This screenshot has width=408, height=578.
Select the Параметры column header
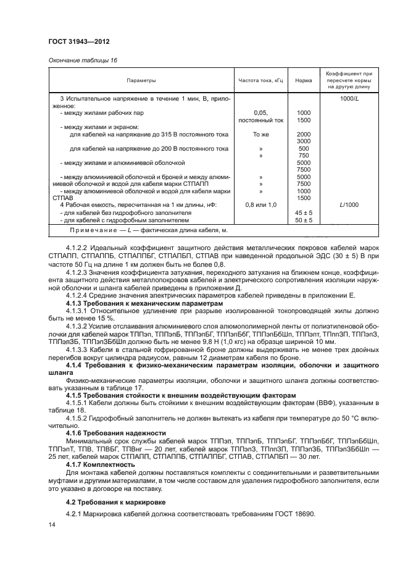coord(141,81)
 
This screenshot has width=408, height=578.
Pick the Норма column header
coord(303,81)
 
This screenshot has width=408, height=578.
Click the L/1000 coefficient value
coord(349,204)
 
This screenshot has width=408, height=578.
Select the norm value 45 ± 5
coord(304,212)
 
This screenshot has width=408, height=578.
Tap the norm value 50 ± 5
coord(304,219)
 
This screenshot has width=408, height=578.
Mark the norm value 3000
coord(303,141)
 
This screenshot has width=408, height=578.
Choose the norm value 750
coord(303,156)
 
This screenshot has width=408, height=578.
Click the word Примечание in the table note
coord(81,230)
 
